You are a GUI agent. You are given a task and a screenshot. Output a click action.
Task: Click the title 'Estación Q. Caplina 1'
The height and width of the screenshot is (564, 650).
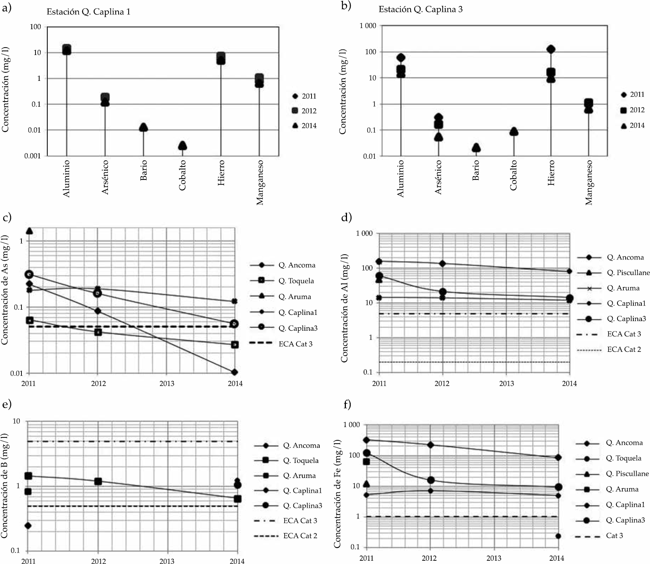(88, 12)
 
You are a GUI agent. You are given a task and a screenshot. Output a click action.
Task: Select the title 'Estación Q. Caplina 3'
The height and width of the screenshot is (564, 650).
(421, 10)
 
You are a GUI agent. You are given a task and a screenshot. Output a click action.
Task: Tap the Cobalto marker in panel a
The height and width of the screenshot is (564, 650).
(182, 145)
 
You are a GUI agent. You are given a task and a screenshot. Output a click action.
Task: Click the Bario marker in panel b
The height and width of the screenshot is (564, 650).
(476, 148)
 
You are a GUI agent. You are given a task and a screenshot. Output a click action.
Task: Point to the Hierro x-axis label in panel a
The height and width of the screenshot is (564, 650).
(221, 173)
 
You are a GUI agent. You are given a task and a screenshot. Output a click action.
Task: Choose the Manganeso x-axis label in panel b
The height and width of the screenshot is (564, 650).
(589, 182)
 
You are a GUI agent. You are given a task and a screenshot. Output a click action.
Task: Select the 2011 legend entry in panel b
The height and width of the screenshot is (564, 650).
(632, 94)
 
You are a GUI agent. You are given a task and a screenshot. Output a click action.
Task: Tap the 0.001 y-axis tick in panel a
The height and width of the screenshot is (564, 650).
(33, 156)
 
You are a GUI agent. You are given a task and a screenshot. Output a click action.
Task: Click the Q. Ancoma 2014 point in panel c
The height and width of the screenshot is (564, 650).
(235, 372)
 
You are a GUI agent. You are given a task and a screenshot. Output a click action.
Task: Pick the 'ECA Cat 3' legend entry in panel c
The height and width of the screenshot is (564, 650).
(281, 344)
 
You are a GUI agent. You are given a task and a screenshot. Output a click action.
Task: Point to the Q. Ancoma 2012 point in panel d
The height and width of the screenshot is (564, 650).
(442, 264)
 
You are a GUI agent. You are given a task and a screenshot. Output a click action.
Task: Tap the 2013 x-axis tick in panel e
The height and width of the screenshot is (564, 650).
(167, 561)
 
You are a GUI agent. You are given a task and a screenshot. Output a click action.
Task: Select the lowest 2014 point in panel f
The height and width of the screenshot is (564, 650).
(558, 536)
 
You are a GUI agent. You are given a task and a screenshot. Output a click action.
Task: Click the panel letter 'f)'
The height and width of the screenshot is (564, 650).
(347, 405)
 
